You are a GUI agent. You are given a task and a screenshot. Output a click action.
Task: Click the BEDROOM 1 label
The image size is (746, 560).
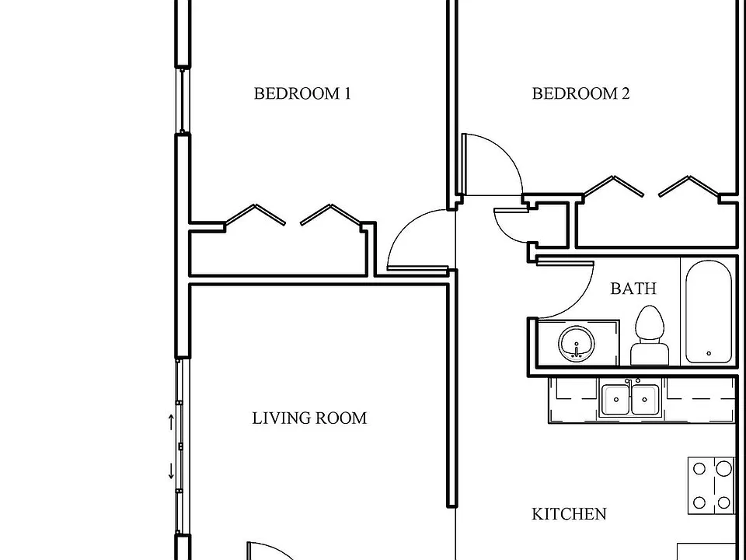302,93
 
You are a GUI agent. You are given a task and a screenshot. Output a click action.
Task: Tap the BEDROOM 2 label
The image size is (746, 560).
580,93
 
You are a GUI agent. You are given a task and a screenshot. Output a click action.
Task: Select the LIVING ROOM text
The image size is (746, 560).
309,418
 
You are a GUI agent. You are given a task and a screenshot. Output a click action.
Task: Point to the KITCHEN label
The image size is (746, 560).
569,514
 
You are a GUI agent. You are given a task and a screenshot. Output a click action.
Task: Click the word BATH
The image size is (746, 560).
633,288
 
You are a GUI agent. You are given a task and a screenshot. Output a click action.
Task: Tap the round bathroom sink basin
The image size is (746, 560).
577,344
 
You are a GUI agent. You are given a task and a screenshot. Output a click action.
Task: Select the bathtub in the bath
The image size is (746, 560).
709,312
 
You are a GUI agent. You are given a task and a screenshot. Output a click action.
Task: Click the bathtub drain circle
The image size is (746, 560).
709,353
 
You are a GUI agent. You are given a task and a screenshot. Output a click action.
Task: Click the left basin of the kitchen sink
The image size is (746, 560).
616,400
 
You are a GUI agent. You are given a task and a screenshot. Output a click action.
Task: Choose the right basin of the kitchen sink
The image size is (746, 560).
645,400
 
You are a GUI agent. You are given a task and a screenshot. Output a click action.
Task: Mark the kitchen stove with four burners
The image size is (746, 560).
711,485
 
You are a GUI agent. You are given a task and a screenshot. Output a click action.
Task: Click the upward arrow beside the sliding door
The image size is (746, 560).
171,422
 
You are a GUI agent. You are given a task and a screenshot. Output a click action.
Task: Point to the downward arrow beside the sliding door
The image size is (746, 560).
171,471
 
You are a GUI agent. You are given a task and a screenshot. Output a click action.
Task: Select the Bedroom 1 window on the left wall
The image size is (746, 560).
182,100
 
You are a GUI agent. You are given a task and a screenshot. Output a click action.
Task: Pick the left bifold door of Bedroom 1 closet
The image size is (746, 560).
255,215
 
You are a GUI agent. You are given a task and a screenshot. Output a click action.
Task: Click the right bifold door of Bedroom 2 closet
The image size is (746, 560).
689,186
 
